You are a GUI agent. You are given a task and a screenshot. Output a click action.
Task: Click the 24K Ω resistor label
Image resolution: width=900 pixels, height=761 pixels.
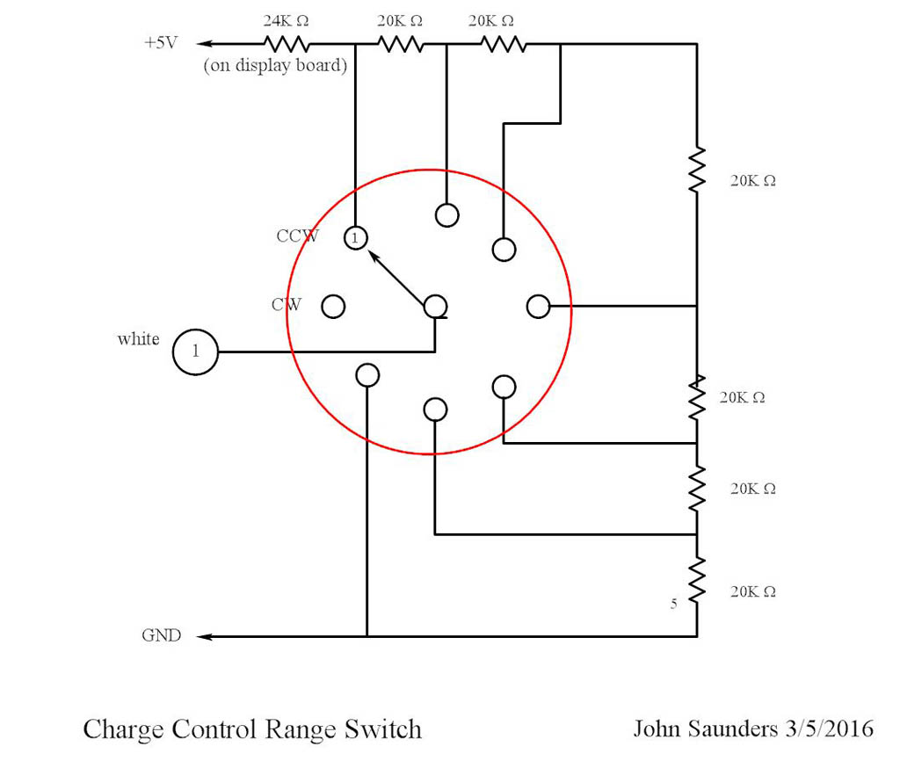pyautogui.click(x=287, y=20)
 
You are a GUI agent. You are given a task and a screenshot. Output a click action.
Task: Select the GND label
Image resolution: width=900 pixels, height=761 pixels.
pyautogui.click(x=162, y=635)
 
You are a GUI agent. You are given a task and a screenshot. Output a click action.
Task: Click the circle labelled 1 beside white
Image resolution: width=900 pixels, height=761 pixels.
pyautogui.click(x=195, y=352)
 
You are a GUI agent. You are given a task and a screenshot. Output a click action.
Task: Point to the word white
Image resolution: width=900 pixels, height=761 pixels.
pyautogui.click(x=138, y=339)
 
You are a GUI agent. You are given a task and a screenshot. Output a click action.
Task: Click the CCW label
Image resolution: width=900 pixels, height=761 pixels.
pyautogui.click(x=298, y=236)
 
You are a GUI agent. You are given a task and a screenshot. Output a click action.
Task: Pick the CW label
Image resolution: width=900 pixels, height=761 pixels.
pyautogui.click(x=287, y=305)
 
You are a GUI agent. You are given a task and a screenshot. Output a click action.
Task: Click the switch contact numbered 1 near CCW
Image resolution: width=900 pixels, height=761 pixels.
pyautogui.click(x=354, y=237)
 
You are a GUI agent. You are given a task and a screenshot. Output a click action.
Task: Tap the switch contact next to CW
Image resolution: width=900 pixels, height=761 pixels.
pyautogui.click(x=333, y=306)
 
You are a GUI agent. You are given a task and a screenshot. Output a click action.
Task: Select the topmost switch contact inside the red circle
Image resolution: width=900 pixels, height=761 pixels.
pyautogui.click(x=446, y=214)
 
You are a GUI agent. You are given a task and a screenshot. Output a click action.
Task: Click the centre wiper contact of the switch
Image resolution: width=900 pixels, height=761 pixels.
pyautogui.click(x=436, y=306)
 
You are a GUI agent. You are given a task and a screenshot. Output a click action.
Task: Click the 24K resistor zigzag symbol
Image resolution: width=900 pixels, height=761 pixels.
pyautogui.click(x=286, y=44)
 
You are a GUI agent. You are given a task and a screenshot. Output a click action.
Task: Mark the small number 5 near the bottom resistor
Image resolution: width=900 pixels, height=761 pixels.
pyautogui.click(x=673, y=604)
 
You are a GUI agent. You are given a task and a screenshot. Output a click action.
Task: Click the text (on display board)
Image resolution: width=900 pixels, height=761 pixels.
pyautogui.click(x=275, y=66)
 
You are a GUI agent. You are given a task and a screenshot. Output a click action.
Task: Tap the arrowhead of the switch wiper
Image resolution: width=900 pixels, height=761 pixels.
pyautogui.click(x=373, y=256)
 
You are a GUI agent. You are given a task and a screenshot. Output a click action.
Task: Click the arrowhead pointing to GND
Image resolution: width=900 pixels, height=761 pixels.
pyautogui.click(x=204, y=635)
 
